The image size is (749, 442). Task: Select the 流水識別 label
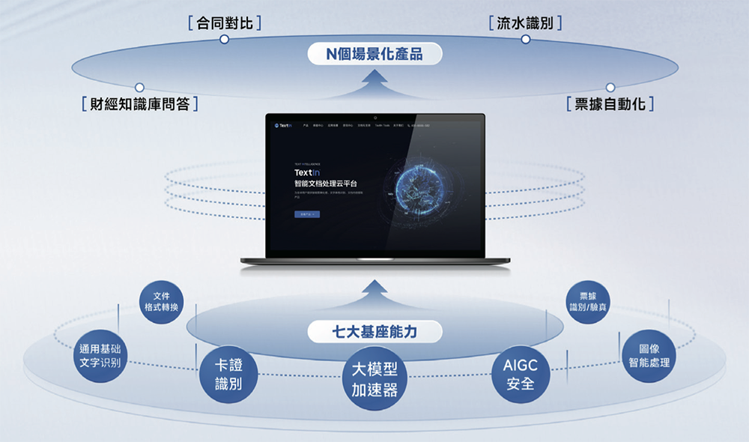coord(525,23)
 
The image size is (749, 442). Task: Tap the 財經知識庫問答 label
coord(139,103)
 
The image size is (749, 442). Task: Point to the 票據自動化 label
coord(610,103)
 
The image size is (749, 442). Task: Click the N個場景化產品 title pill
coord(374,54)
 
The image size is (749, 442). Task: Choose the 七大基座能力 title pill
coord(374,331)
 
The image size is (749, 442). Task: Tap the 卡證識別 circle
coord(224,375)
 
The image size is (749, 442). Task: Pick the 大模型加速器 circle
coord(374,381)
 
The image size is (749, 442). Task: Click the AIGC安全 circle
coord(520,375)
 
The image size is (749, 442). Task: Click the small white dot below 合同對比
coord(224,39)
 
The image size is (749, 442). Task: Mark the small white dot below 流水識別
coord(525,39)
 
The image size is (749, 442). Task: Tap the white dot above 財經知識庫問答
coord(139,88)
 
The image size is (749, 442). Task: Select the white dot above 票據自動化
coord(610,88)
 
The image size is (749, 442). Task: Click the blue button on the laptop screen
coord(306,214)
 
